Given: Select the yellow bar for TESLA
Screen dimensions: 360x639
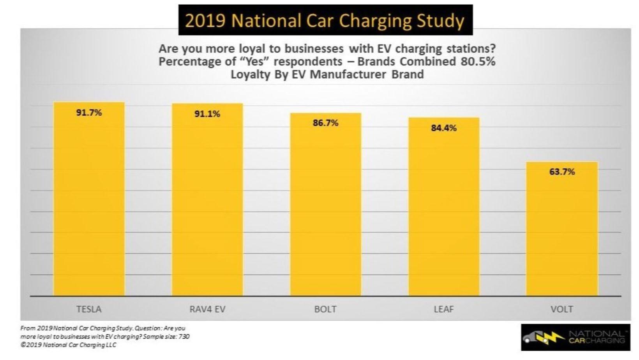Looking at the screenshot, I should [x=89, y=203].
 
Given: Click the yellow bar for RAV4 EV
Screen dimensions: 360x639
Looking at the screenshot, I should [x=207, y=203].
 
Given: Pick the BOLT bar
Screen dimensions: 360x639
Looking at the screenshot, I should [x=325, y=206].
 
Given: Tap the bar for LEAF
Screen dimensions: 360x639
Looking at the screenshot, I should [x=444, y=210].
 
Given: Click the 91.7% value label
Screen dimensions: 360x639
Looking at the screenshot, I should [x=89, y=113].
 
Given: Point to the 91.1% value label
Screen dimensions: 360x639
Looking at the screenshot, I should [x=207, y=114].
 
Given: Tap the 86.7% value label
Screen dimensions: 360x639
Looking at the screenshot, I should [x=325, y=123].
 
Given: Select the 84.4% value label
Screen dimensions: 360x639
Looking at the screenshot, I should [x=444, y=128].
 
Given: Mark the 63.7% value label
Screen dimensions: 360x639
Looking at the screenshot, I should [x=562, y=172].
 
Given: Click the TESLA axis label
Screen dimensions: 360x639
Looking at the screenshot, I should [x=89, y=309].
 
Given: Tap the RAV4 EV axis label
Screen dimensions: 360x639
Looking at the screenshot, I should [x=207, y=309].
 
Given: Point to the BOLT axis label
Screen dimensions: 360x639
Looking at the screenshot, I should [x=325, y=309].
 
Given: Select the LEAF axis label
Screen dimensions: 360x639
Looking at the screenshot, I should [x=444, y=309].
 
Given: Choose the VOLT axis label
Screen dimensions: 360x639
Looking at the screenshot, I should [x=562, y=309].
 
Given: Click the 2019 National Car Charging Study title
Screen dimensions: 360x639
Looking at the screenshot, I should [x=325, y=20].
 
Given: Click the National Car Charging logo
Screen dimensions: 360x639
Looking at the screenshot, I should [x=575, y=337].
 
